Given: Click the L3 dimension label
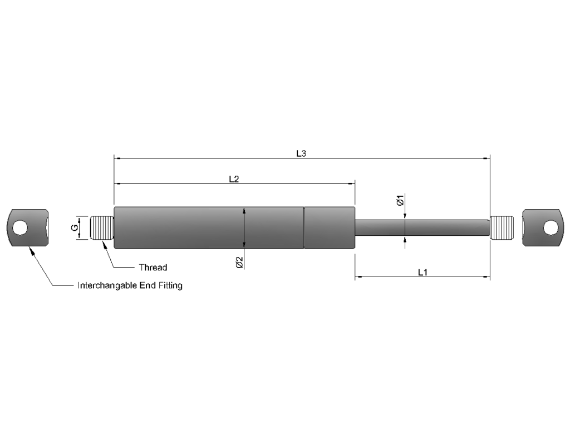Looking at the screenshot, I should (301, 153).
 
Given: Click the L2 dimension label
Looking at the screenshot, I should (234, 179).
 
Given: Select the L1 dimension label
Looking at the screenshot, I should (422, 272).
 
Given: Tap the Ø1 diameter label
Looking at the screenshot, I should (400, 200).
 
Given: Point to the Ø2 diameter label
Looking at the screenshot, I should (239, 263).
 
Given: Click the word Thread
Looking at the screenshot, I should (153, 268).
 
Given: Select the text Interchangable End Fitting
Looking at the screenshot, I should (130, 285).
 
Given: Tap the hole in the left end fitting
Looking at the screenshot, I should (21, 227).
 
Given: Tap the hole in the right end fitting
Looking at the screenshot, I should (550, 227).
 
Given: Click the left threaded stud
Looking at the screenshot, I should (102, 228).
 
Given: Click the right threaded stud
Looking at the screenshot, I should (502, 228).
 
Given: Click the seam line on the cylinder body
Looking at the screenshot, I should (304, 227).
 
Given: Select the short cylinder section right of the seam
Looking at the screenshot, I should (330, 227).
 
